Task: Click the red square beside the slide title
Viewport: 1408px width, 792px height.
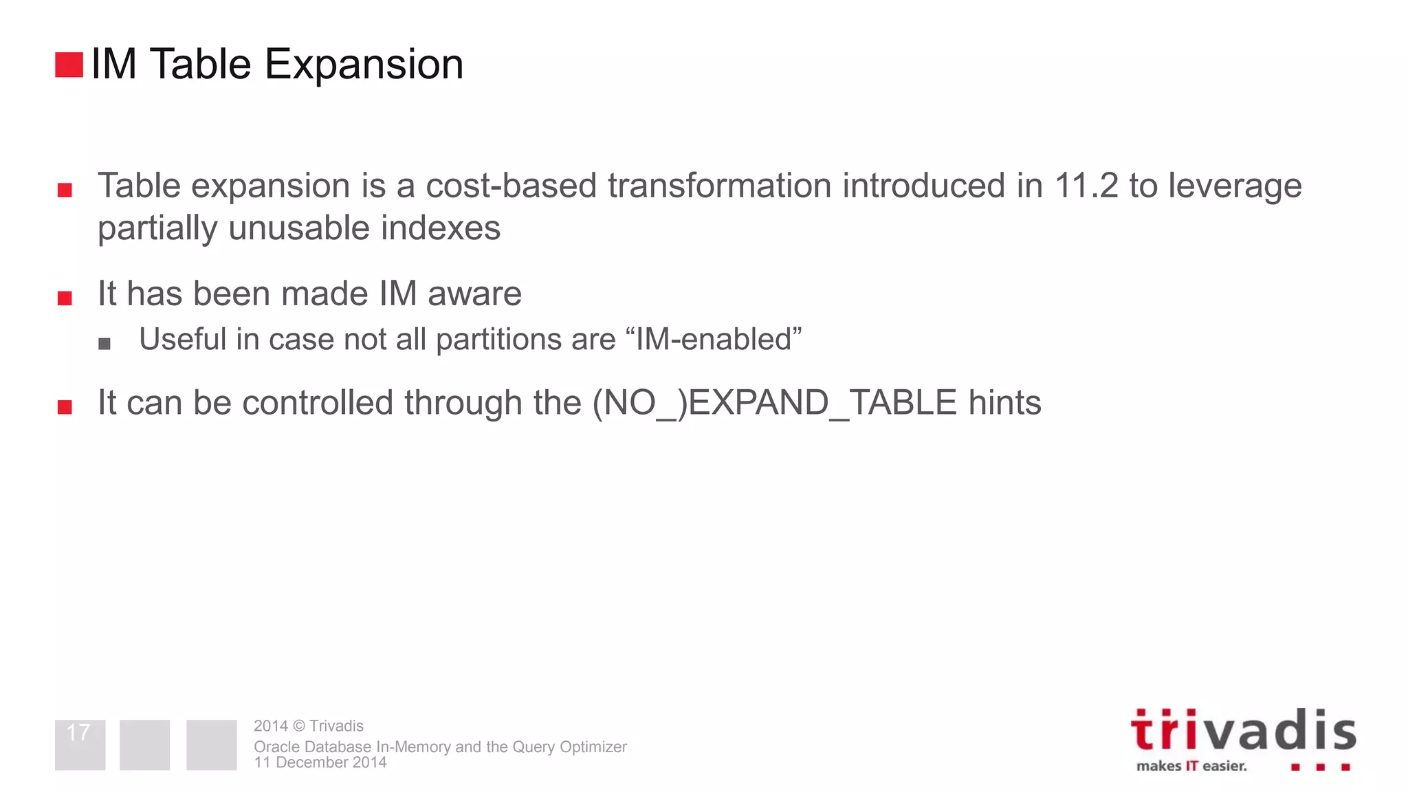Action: pos(69,65)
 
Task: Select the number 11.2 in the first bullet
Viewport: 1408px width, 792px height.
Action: pos(1086,186)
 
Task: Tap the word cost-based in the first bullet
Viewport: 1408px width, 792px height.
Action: pos(511,186)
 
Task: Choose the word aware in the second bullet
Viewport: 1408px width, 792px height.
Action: pos(474,294)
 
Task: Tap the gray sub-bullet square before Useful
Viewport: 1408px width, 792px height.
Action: pos(104,344)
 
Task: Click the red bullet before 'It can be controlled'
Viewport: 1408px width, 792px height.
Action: pos(65,407)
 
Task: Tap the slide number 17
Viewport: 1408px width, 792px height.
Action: pos(78,732)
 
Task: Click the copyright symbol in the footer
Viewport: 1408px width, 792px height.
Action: pos(298,726)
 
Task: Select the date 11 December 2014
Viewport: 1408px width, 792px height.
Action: pos(320,762)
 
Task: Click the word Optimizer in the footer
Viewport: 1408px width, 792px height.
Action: pos(593,747)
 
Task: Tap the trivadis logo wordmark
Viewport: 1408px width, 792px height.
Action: pos(1243,731)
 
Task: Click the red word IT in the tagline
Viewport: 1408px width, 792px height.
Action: pos(1191,766)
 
